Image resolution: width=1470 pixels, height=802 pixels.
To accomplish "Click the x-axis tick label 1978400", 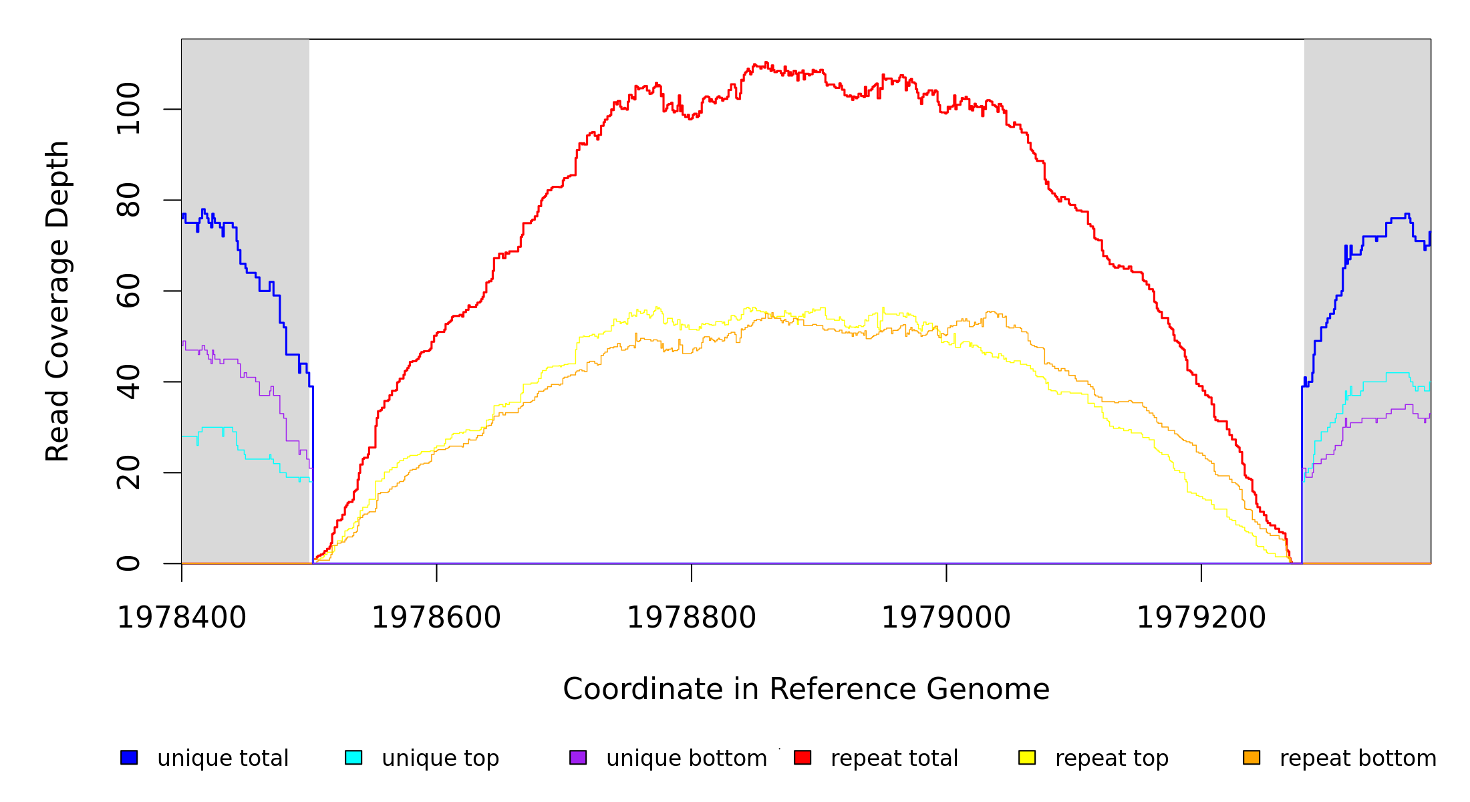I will (x=182, y=618).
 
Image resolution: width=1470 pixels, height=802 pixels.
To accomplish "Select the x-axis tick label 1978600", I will (x=436, y=618).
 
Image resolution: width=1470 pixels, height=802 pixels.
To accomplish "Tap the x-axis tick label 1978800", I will (x=692, y=618).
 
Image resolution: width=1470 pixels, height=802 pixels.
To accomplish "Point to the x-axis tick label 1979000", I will (x=946, y=618).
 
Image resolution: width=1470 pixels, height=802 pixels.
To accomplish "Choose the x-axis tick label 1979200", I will (x=1201, y=618).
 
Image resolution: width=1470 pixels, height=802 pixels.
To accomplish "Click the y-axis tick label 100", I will (x=128, y=109).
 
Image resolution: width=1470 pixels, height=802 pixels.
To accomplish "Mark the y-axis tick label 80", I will (x=128, y=200).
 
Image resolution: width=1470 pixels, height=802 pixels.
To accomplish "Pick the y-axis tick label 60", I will (x=128, y=291).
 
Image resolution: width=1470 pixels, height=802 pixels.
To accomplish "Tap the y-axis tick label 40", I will (x=128, y=382).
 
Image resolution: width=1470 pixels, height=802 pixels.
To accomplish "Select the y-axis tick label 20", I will (x=128, y=473).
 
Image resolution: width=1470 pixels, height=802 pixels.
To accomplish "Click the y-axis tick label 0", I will (x=128, y=563).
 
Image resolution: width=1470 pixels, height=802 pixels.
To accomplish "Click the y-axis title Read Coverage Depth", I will (x=57, y=301).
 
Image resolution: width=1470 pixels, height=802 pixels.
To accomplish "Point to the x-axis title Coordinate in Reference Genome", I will (x=806, y=689).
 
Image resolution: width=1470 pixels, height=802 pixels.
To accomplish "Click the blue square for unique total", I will (x=129, y=757).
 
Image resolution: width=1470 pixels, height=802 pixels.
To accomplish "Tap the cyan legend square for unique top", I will (x=353, y=757).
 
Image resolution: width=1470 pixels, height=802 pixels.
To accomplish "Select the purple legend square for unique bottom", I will (x=578, y=757).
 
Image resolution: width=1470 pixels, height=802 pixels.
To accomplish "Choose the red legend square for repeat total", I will (x=802, y=757).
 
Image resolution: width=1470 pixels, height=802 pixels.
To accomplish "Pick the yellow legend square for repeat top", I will (x=1027, y=757).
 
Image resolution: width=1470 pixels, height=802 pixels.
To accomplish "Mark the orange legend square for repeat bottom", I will (x=1252, y=757).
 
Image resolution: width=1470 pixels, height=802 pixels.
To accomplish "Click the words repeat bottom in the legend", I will (x=1358, y=759).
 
